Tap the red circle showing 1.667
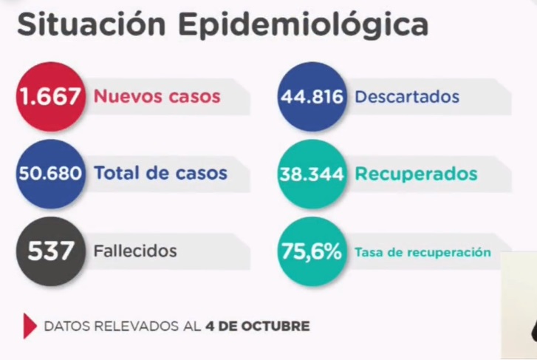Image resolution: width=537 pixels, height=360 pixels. pyautogui.click(x=50, y=97)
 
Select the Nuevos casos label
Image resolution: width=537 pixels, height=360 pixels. pyautogui.click(x=157, y=97)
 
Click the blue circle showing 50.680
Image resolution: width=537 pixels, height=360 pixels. pyautogui.click(x=50, y=174)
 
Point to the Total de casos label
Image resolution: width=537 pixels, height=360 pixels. pyautogui.click(x=160, y=174)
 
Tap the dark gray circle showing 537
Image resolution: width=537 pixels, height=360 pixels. pyautogui.click(x=50, y=251)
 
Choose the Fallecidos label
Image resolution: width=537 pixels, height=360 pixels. pyautogui.click(x=135, y=251)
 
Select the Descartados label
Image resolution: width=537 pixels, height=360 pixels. pyautogui.click(x=407, y=97)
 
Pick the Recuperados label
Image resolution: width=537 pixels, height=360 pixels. pyautogui.click(x=416, y=174)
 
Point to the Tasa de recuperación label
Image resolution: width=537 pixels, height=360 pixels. pyautogui.click(x=423, y=252)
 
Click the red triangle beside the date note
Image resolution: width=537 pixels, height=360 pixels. pyautogui.click(x=30, y=326)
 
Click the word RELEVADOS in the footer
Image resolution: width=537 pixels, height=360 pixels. pyautogui.click(x=134, y=326)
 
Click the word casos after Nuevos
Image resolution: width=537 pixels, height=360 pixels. pyautogui.click(x=194, y=97)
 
